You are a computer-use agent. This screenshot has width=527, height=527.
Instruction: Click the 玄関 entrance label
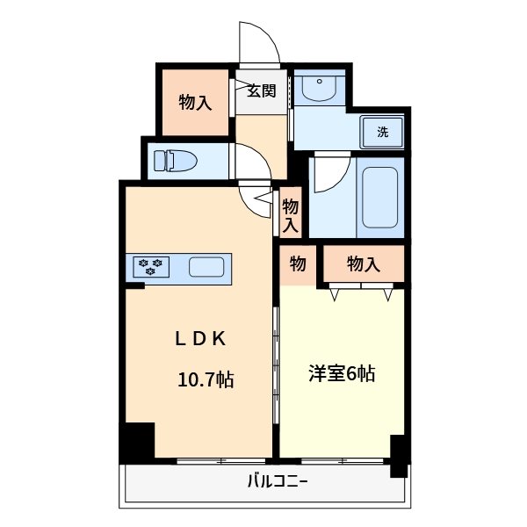pos(262,90)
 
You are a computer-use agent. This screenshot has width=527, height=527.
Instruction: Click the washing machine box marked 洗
pos(383,132)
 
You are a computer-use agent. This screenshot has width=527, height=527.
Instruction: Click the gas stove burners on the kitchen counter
pos(151,266)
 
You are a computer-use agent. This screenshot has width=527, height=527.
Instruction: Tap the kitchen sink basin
pos(208,267)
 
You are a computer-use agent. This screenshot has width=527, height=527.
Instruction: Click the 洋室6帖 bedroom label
pos(342,373)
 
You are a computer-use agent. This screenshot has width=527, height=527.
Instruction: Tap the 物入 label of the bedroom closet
pos(364,263)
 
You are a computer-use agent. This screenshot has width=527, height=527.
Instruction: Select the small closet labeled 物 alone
pos(298,263)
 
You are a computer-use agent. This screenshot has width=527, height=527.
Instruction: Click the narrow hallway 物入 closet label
pos(291,214)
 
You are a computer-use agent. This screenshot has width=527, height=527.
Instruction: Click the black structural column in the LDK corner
pos(138,440)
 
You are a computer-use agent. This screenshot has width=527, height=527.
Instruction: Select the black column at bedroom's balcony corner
pos(399,455)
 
